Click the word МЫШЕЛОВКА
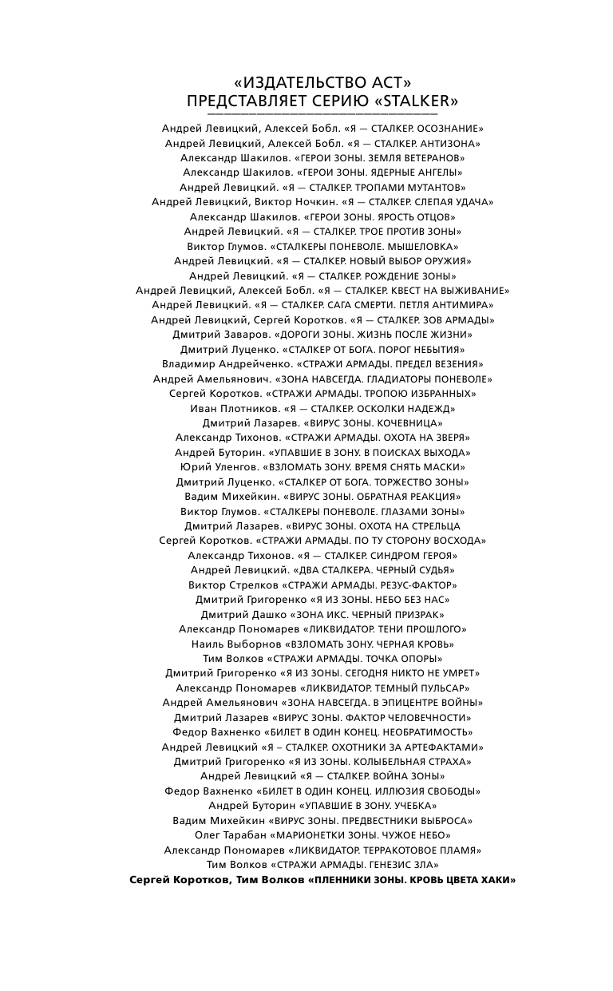(422, 246)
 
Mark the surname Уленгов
(225, 467)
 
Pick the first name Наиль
(206, 644)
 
